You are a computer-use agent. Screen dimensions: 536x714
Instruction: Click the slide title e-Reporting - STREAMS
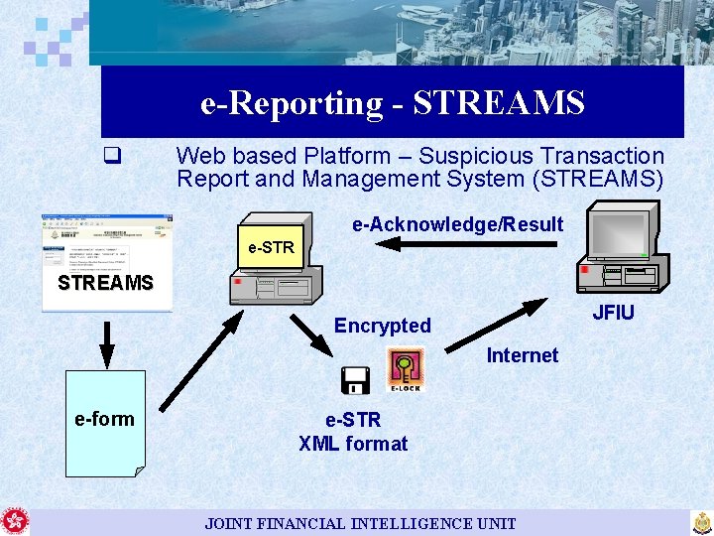[x=392, y=102]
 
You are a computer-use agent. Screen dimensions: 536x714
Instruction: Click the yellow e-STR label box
[x=271, y=247]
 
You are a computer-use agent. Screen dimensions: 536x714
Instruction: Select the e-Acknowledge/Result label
[x=457, y=224]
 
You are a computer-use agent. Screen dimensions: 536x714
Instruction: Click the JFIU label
[x=613, y=313]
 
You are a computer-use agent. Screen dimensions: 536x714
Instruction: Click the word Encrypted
[x=382, y=326]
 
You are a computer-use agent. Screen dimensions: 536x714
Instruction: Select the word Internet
[x=522, y=355]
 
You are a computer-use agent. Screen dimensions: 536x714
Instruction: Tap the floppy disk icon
[x=354, y=379]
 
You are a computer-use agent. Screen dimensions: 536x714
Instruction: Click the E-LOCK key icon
[x=406, y=369]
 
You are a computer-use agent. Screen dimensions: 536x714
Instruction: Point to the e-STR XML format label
[x=353, y=432]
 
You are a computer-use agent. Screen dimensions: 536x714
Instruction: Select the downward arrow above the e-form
[x=106, y=341]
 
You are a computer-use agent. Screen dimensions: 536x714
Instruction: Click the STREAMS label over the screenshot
[x=105, y=283]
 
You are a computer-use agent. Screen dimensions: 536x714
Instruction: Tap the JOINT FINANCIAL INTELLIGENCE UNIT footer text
[x=360, y=523]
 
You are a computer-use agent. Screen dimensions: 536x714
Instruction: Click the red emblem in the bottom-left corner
[x=15, y=522]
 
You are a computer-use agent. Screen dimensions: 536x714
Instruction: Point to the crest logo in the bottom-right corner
[x=701, y=522]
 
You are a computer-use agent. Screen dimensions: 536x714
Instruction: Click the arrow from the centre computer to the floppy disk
[x=312, y=335]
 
